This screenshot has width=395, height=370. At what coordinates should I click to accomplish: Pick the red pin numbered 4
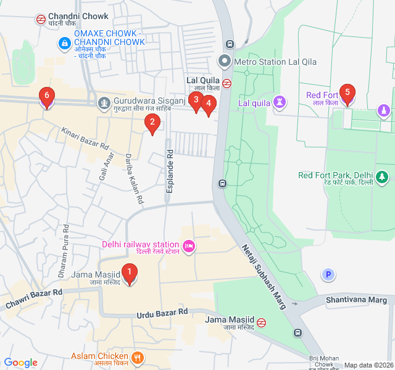coord(209,105)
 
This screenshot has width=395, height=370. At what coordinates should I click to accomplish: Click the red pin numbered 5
coord(347,95)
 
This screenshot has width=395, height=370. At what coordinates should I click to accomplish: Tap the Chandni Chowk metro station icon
coord(40,18)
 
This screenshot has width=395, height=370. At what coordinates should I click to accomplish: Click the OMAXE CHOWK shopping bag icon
coord(64,43)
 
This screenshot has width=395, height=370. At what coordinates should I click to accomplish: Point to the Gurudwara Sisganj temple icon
coord(104,101)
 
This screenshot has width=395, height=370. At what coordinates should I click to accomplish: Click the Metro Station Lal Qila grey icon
coord(224,62)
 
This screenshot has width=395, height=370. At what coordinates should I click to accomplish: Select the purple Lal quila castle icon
coord(281,101)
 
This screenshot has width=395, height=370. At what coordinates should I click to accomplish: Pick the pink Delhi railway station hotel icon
coord(189,247)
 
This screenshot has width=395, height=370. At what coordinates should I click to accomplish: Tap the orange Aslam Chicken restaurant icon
coord(138,356)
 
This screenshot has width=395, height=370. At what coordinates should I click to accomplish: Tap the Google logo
coord(21,363)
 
